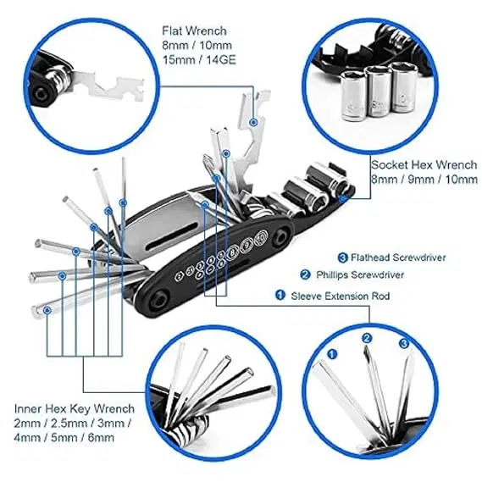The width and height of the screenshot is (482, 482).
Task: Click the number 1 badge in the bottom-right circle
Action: click(333, 353)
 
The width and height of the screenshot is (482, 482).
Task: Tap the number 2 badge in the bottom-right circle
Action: click(367, 339)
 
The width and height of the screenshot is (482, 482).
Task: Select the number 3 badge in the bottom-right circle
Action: click(404, 343)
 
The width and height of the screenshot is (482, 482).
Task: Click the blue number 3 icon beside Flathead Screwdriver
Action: click(342, 257)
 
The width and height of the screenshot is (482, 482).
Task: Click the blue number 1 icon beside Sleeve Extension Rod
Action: click(280, 296)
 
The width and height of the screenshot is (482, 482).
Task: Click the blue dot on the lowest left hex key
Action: click(47, 311)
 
